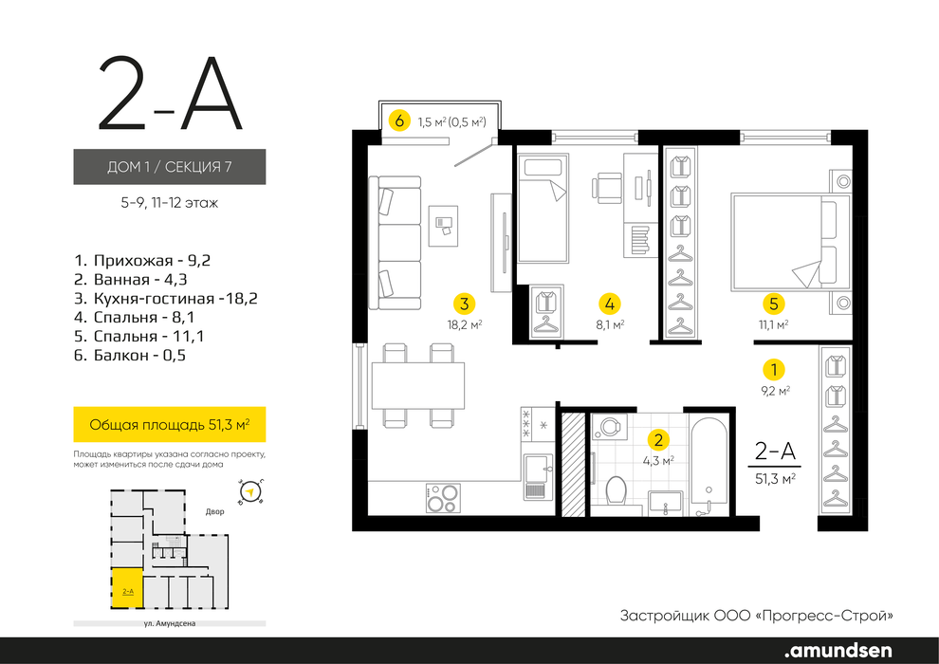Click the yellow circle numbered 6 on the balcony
[x=399, y=121]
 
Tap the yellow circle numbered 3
[x=464, y=304]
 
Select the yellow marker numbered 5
[x=773, y=304]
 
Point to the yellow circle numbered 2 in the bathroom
[x=659, y=441]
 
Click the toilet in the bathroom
[x=616, y=492]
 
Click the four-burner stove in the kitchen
[x=443, y=498]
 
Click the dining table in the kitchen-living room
[x=418, y=385]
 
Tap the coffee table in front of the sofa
[x=443, y=225]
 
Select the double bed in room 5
[x=790, y=243]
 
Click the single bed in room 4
[x=543, y=209]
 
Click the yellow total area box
[x=170, y=425]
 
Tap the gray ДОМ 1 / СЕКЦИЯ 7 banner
[x=170, y=166]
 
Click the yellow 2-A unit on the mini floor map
[x=127, y=588]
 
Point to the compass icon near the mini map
[x=251, y=492]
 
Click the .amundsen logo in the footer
[x=838, y=650]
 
